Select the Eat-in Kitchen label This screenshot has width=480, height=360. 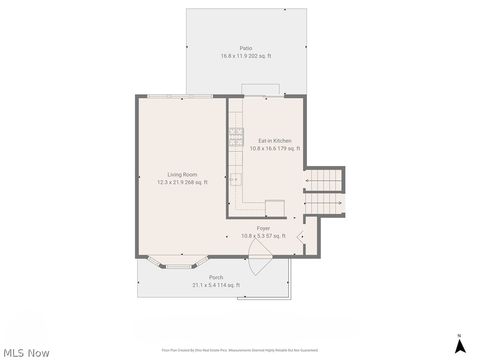pyautogui.click(x=275, y=141)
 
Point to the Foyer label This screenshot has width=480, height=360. pyautogui.click(x=263, y=228)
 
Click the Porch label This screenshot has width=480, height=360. pyautogui.click(x=216, y=277)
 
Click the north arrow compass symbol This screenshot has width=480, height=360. pyautogui.click(x=459, y=345)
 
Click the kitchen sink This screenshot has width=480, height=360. pyautogui.click(x=236, y=180)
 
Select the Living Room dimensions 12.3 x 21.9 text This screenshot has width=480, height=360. pyautogui.click(x=181, y=183)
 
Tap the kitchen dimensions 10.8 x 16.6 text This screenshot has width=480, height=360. pyautogui.click(x=275, y=148)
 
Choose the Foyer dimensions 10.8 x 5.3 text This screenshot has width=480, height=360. pyautogui.click(x=263, y=235)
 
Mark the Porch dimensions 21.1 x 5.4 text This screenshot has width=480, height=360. pyautogui.click(x=216, y=285)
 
